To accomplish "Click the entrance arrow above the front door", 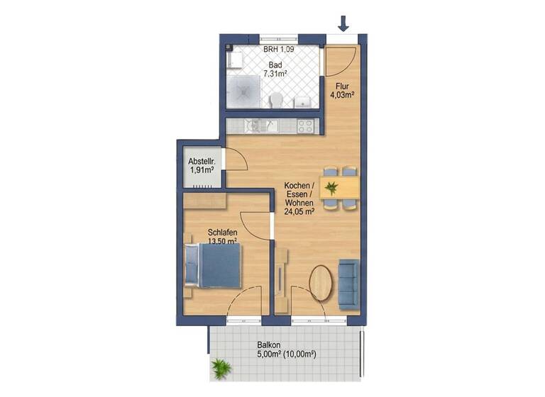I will pyautogui.click(x=343, y=24).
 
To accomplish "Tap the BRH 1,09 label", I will pyautogui.click(x=277, y=50).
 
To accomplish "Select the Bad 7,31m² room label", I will pyautogui.click(x=275, y=69).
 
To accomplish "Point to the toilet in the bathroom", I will pyautogui.click(x=277, y=99).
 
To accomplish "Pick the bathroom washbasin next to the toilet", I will pyautogui.click(x=301, y=101).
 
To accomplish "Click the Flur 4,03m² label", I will pyautogui.click(x=343, y=89).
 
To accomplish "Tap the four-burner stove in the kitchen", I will pyautogui.click(x=306, y=126).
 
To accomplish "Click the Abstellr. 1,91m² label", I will pyautogui.click(x=201, y=166).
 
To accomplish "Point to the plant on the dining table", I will pyautogui.click(x=332, y=188).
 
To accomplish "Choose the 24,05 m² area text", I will pyautogui.click(x=299, y=211).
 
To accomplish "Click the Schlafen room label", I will pyautogui.click(x=222, y=232).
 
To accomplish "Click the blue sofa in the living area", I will pyautogui.click(x=348, y=284).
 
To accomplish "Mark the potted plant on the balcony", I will pyautogui.click(x=221, y=368).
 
